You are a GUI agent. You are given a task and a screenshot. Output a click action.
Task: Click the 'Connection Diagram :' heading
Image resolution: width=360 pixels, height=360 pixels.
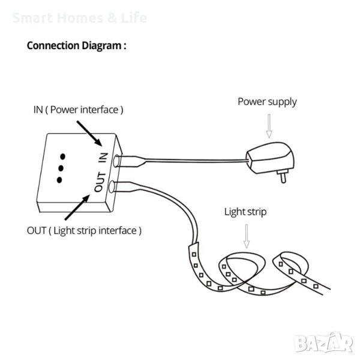76,46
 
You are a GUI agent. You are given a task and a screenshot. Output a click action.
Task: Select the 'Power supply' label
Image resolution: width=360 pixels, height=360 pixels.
267,101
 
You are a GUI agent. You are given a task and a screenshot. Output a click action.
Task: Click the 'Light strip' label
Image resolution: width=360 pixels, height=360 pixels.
245,211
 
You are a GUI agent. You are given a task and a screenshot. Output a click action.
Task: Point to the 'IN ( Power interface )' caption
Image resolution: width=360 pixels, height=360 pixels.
78,110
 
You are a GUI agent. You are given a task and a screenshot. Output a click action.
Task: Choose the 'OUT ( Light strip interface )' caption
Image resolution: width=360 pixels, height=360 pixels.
85,230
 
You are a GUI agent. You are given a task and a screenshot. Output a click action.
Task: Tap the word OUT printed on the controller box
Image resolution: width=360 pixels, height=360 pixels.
100,182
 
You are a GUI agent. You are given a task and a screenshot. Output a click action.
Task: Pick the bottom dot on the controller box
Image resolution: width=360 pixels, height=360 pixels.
59,179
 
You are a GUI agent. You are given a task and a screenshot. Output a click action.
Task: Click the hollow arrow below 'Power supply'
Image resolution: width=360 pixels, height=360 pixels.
269,126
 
